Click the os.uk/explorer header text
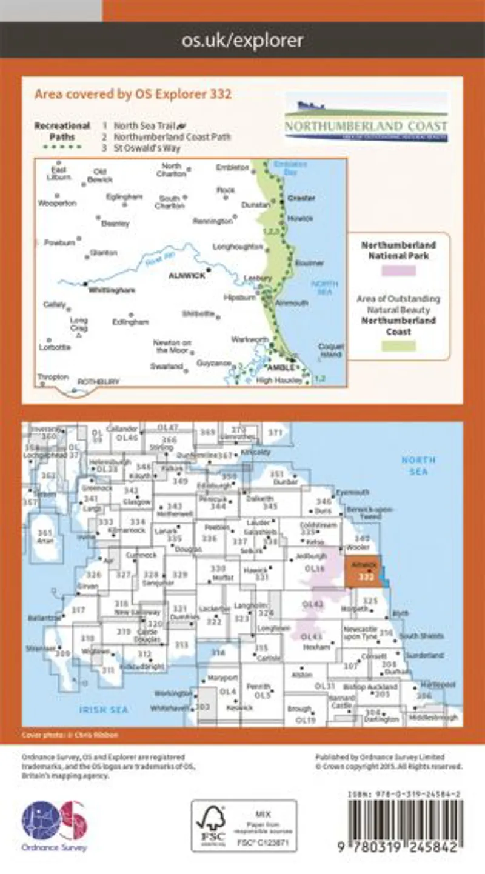pos(242,41)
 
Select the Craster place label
pos(298,198)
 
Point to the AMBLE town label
pos(284,367)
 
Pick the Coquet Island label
pos(330,350)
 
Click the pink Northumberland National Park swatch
pos(398,271)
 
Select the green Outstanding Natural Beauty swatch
pos(398,346)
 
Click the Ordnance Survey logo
pos(55,826)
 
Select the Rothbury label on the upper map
pos(98,382)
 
